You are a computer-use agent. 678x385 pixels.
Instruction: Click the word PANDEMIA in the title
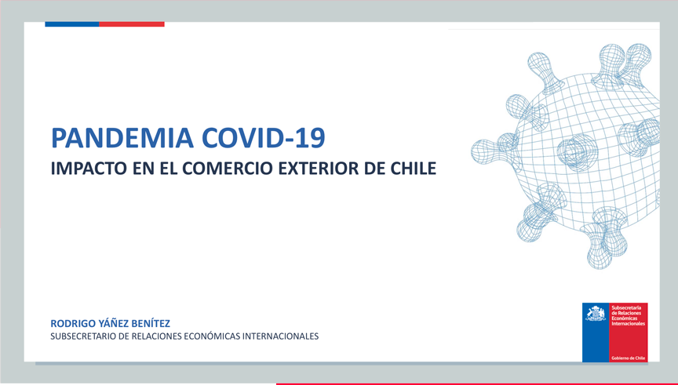coord(122,138)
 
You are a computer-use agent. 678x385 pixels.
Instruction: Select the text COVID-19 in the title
coord(264,138)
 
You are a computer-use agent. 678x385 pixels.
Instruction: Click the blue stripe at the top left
coord(72,24)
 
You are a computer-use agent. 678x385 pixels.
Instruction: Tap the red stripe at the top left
coord(132,24)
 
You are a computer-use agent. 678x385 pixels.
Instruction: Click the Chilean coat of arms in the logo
coord(596,314)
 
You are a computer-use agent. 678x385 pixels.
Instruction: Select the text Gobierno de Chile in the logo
coord(629,358)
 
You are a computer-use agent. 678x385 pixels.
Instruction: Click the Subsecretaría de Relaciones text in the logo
coord(626,311)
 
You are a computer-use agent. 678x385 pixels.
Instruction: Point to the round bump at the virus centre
coord(578,152)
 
